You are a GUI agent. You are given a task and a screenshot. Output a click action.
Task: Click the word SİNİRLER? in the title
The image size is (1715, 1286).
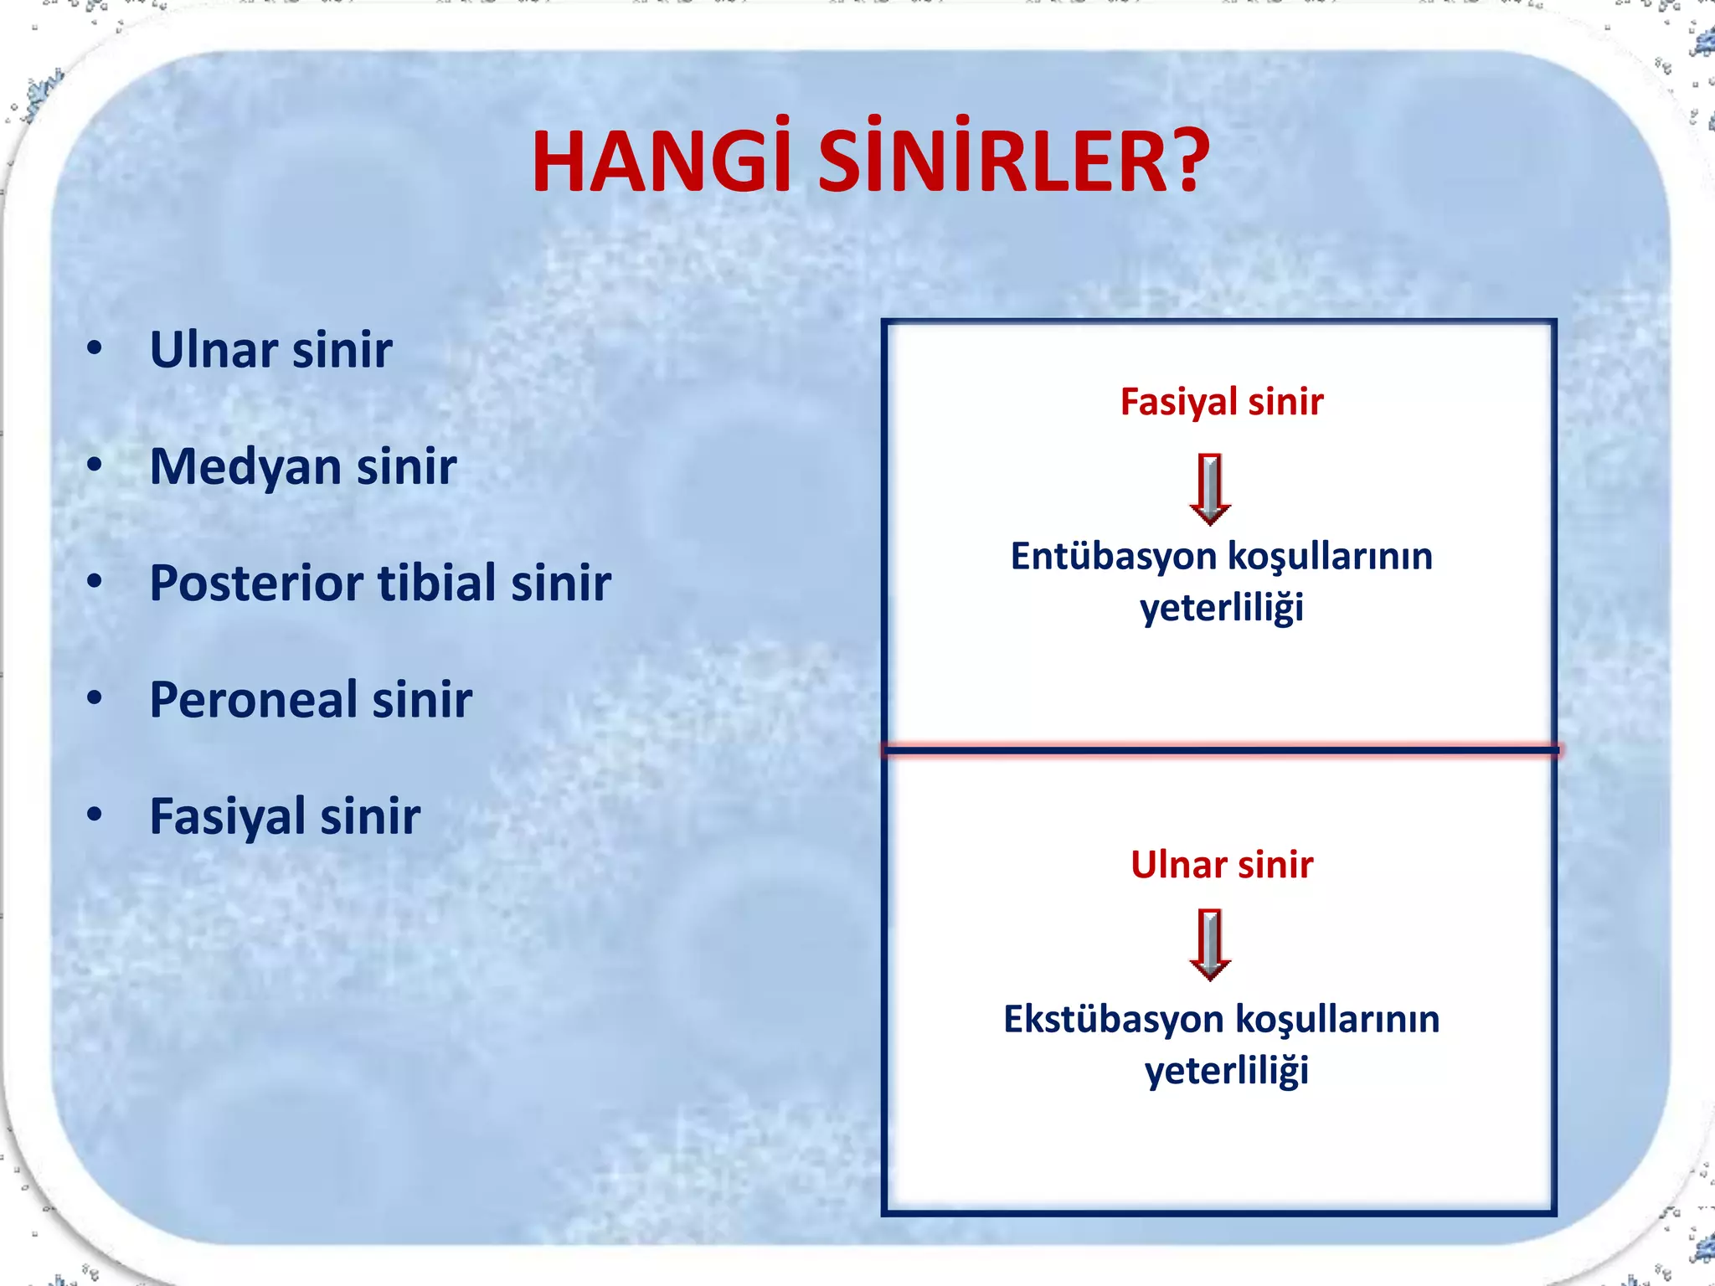point(1013,163)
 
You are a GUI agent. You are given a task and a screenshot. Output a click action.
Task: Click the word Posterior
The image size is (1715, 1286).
point(255,584)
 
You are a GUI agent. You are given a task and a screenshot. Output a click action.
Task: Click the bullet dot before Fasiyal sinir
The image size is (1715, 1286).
point(95,814)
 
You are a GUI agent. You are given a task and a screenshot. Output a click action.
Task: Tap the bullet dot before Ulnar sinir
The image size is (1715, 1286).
point(95,347)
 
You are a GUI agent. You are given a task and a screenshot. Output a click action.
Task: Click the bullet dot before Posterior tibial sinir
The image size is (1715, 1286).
point(95,581)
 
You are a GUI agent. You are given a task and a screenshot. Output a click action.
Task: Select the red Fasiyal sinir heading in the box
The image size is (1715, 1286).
point(1221,402)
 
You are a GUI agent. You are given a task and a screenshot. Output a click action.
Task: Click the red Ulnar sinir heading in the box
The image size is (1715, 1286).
point(1221,865)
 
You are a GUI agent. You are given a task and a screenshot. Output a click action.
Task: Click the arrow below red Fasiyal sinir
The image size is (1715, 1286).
point(1210,489)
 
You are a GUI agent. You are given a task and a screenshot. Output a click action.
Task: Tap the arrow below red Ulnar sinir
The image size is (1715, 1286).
point(1210,944)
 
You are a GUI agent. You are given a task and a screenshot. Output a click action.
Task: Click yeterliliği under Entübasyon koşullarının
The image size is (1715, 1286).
point(1221,609)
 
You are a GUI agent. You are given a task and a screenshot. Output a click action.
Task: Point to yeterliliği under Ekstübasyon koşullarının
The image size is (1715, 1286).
point(1226,1072)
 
